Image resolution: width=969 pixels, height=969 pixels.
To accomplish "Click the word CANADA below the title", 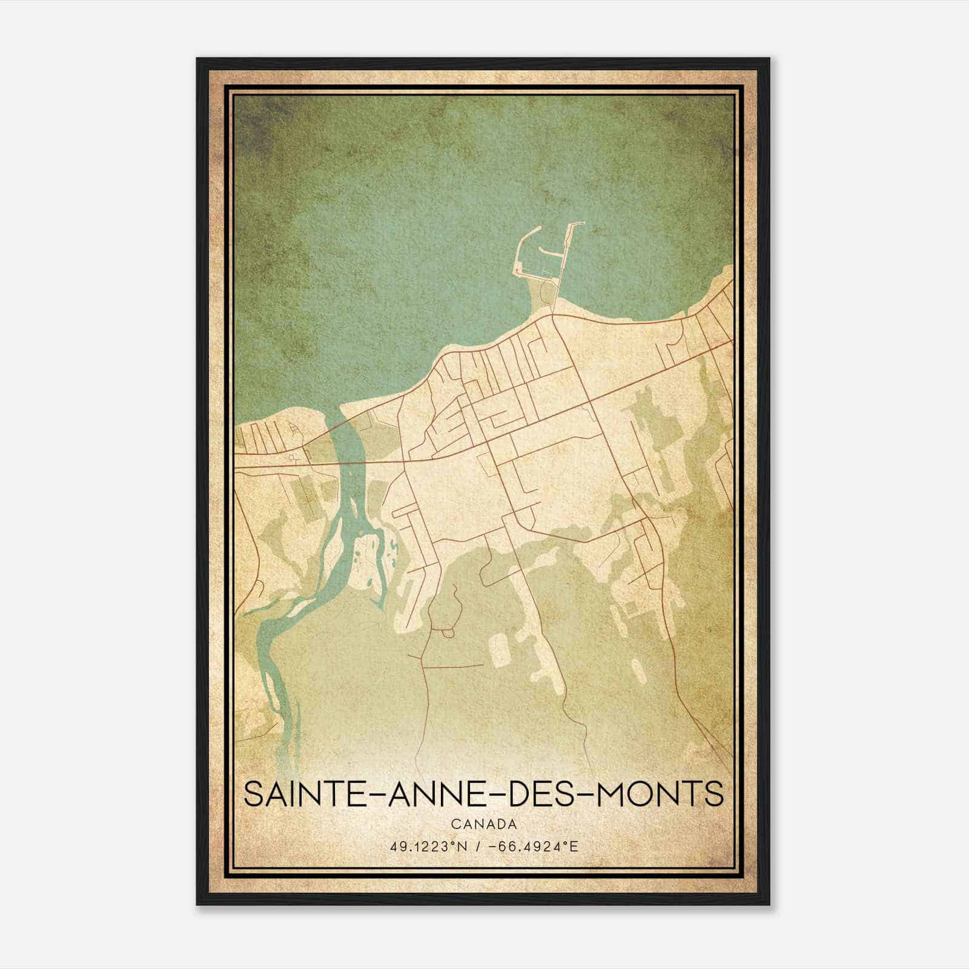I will [x=483, y=824].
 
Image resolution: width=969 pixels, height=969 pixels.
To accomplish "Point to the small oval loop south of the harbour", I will [x=547, y=293].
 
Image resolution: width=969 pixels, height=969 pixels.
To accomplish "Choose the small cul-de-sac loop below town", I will [x=448, y=632].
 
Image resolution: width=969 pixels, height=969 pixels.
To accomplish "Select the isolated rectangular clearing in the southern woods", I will [x=498, y=651].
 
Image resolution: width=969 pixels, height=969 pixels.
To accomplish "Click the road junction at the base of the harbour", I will [x=552, y=315].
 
